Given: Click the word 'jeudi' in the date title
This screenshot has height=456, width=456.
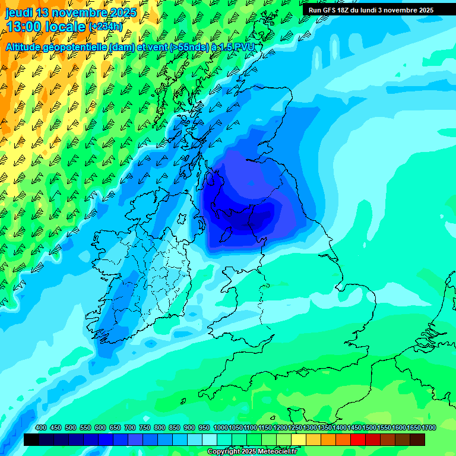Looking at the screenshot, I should [x=20, y=12].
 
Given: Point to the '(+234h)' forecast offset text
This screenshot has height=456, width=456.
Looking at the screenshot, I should [x=105, y=26].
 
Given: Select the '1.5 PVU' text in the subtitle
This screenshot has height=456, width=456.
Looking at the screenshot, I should [x=238, y=47].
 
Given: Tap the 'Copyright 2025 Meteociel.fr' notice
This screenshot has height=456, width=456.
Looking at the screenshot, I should [x=252, y=452].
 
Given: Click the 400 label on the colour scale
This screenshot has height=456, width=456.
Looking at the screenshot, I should [x=41, y=428].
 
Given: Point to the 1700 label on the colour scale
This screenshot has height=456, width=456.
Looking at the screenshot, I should [x=413, y=428].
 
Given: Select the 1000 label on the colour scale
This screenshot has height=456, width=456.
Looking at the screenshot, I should [x=220, y=428].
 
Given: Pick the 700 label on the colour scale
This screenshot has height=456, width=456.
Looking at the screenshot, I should [x=130, y=428].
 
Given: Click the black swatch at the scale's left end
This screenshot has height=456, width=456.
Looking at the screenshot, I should [x=31, y=439].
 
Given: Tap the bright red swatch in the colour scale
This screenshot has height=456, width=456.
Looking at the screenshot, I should [x=358, y=439].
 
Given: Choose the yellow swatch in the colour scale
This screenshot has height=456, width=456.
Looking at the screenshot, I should [x=299, y=439].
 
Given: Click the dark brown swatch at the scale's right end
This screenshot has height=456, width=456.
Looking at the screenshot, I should [x=417, y=439].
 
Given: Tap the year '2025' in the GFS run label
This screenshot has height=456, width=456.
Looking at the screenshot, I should [x=423, y=10].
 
